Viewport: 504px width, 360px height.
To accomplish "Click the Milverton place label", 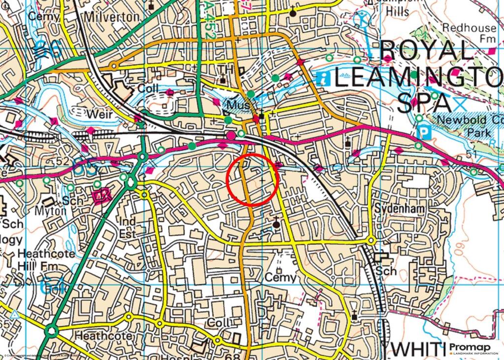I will tap(112, 17).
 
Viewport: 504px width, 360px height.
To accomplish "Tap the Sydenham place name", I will tap(399, 209).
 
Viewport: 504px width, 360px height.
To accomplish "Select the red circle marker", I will tap(253, 179).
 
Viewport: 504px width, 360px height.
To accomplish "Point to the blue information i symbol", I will tap(323, 78).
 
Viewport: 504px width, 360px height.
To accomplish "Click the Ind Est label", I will tap(127, 228).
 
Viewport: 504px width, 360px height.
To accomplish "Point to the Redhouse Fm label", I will tap(469, 33).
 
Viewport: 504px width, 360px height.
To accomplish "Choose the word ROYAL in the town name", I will tap(426, 51).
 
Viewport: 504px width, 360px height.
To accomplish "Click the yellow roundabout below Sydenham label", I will tap(371, 240).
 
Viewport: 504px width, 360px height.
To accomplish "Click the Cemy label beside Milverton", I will tap(44, 16).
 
